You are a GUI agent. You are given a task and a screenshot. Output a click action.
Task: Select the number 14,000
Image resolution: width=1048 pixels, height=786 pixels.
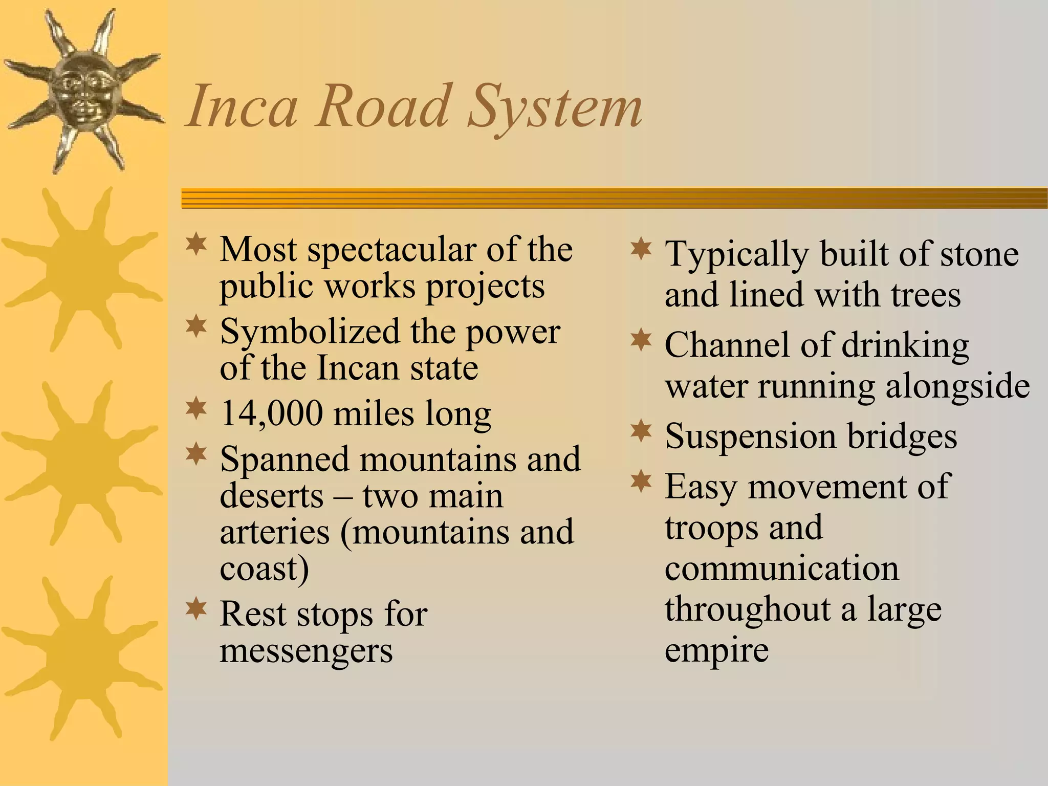click(x=271, y=413)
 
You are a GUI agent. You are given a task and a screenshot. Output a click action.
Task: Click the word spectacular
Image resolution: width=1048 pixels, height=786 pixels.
click(x=391, y=251)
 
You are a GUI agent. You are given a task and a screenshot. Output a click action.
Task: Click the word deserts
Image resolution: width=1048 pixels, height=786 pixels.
click(x=272, y=496)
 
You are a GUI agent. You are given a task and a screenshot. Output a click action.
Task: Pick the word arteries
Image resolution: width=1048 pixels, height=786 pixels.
click(x=275, y=532)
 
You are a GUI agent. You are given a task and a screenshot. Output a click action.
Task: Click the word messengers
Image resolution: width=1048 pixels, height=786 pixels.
click(x=306, y=651)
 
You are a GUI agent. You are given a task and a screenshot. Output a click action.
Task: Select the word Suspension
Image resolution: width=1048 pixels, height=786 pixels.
click(x=750, y=436)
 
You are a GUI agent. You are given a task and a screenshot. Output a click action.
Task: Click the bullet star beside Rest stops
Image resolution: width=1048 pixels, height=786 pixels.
click(x=196, y=609)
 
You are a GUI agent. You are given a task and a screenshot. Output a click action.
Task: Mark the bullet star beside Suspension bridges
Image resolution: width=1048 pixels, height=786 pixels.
click(x=641, y=431)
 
